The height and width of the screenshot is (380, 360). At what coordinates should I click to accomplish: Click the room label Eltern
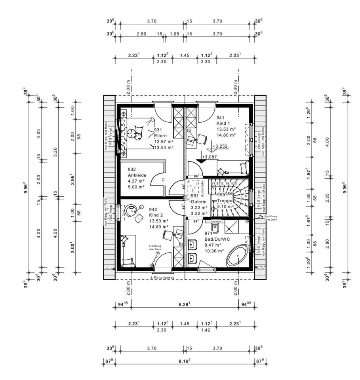[x=161, y=135]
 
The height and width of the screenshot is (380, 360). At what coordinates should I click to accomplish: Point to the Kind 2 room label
[x=156, y=215]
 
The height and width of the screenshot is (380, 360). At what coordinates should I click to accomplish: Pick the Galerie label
[x=199, y=201]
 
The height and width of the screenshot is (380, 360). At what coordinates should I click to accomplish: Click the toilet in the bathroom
[x=215, y=229]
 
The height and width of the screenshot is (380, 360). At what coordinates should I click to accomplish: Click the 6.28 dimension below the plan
[x=185, y=304]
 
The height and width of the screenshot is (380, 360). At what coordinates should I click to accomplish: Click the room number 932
[x=132, y=169]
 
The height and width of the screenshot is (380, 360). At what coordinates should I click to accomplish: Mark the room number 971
[x=208, y=234]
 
